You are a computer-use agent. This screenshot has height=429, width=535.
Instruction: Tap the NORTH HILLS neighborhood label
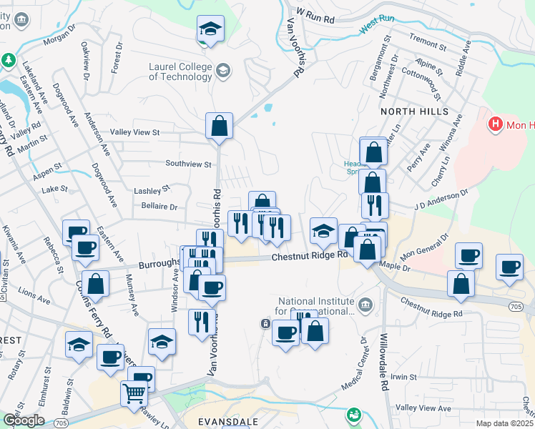tap(414, 112)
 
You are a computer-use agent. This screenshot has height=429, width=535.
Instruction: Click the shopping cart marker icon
tap(134, 393)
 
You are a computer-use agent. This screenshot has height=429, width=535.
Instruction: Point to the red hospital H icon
tap(494, 124)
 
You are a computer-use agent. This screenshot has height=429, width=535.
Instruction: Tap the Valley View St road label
tap(134, 132)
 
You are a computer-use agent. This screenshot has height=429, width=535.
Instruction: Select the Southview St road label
tap(188, 164)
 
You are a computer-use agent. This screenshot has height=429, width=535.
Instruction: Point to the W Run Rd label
tap(315, 14)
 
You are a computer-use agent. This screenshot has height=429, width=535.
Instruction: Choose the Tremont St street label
tap(426, 42)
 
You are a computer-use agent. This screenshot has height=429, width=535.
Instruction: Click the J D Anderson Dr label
tap(440, 198)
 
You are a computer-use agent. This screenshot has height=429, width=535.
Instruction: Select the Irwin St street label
tap(403, 377)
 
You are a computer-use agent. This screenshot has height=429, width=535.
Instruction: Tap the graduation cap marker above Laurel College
tap(210, 29)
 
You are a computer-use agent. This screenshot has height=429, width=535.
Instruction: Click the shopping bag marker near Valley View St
tap(219, 126)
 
